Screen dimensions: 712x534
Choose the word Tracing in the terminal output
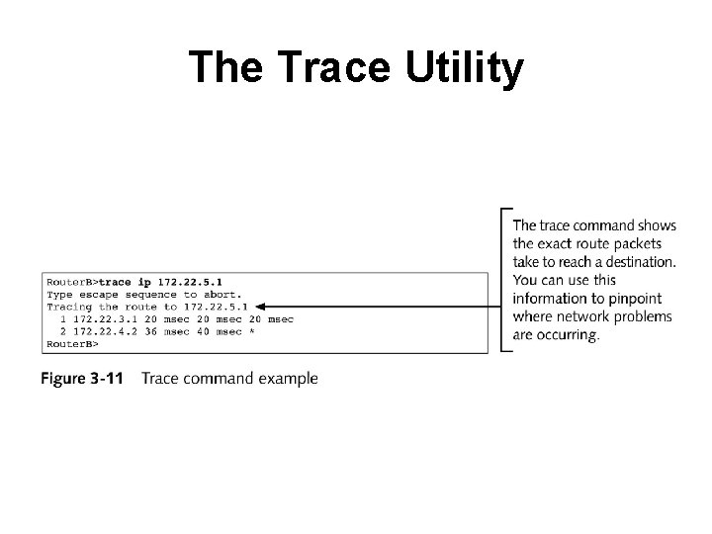(x=69, y=307)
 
